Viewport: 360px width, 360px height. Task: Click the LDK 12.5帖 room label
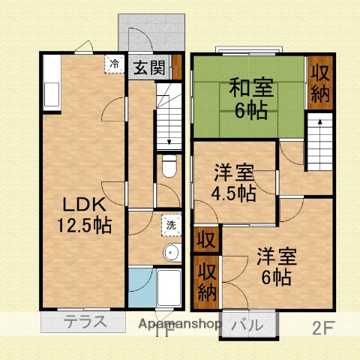[x=83, y=213]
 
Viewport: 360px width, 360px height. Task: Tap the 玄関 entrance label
[x=150, y=68]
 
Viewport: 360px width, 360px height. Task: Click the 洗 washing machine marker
[x=171, y=223]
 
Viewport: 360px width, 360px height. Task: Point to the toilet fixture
[x=169, y=164]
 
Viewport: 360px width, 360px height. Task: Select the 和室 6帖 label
[x=247, y=97]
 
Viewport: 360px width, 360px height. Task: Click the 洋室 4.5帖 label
[x=234, y=182]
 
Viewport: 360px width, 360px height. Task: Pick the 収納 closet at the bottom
[x=205, y=282]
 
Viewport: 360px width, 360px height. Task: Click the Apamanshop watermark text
[x=179, y=325]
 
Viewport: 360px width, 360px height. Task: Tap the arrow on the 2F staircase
[x=319, y=121]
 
